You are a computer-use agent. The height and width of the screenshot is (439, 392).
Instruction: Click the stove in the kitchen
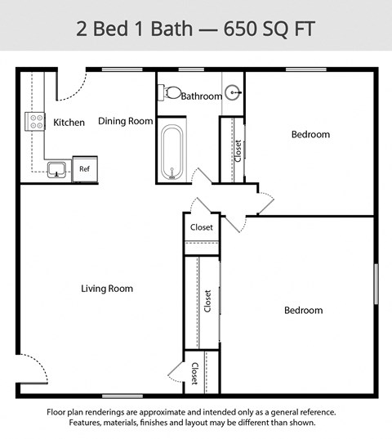tap(36, 122)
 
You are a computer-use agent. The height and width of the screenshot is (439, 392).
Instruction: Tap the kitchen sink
tap(56, 169)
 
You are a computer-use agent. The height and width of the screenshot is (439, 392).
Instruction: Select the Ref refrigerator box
tap(84, 168)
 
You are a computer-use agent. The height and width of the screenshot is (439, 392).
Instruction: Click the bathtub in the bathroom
tap(172, 151)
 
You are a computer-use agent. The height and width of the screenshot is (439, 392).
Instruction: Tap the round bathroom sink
tap(234, 92)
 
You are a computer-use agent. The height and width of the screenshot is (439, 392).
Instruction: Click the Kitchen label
tap(69, 123)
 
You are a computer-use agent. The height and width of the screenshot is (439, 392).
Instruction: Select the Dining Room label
tap(126, 121)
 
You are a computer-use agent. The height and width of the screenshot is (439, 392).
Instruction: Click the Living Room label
tap(107, 289)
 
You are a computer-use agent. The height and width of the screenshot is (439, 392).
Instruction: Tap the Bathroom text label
tap(201, 96)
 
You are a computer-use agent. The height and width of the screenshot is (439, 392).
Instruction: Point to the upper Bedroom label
tap(310, 134)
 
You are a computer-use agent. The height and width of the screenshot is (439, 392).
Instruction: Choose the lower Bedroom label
tap(303, 310)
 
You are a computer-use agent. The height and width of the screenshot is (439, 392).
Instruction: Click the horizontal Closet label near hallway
tap(202, 227)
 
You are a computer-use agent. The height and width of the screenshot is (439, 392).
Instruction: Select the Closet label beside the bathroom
tap(238, 150)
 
